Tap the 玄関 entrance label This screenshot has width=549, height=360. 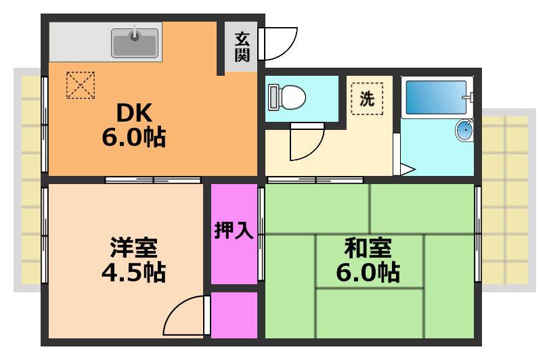(242, 47)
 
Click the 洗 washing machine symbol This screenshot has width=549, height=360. (367, 99)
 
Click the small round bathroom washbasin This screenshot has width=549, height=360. (464, 130)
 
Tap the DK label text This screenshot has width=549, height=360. (134, 111)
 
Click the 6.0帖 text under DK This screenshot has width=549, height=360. (134, 137)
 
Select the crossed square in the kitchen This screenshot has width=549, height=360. (79, 85)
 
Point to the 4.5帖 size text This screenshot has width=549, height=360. (133, 273)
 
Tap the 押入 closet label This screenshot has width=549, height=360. (234, 231)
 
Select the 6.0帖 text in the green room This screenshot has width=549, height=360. (368, 273)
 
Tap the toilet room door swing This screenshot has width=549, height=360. (307, 143)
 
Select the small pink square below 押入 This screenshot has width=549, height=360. (234, 315)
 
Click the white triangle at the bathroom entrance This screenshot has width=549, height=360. (407, 170)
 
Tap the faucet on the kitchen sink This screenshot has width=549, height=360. (135, 32)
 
